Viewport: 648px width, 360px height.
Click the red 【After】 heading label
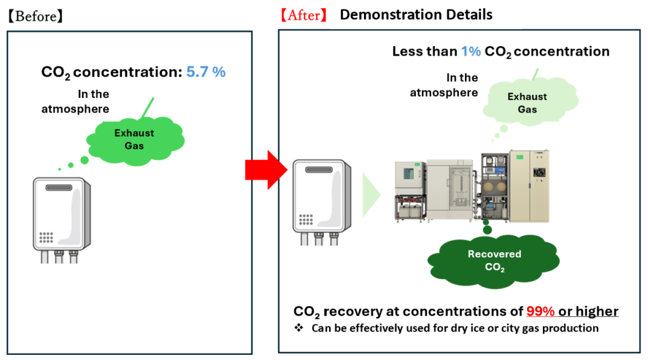pos(304,16)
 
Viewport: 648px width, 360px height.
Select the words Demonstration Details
pos(416,15)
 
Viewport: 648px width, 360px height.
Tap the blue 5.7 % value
pos(206,72)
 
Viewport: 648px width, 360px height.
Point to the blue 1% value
pos(471,51)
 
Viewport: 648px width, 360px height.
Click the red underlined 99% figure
pos(542,311)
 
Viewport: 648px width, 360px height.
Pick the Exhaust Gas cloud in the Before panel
pos(134,139)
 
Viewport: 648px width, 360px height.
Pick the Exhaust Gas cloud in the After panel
pos(526,103)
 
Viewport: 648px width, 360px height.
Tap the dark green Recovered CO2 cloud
pos(485,259)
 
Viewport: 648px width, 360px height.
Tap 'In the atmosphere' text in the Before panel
pos(93,101)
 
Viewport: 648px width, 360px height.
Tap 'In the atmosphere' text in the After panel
pos(452,85)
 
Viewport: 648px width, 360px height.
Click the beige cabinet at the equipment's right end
pos(529,186)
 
